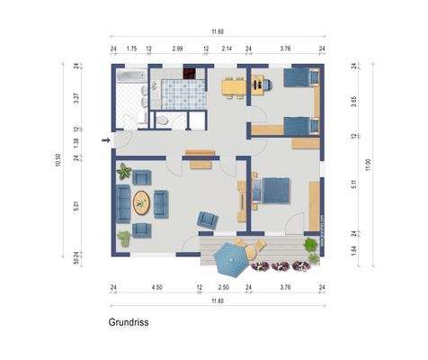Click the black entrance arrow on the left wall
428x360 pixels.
click(x=106, y=139)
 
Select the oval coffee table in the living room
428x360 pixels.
click(x=143, y=202)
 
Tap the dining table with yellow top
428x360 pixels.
click(x=233, y=87)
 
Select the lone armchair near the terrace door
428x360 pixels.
click(x=208, y=219)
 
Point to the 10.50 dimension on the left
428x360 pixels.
click(x=60, y=160)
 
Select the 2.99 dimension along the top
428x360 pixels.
click(x=177, y=47)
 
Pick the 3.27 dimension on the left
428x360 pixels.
click(x=76, y=98)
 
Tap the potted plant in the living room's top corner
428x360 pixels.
click(x=124, y=172)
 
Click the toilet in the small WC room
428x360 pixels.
click(x=163, y=120)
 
